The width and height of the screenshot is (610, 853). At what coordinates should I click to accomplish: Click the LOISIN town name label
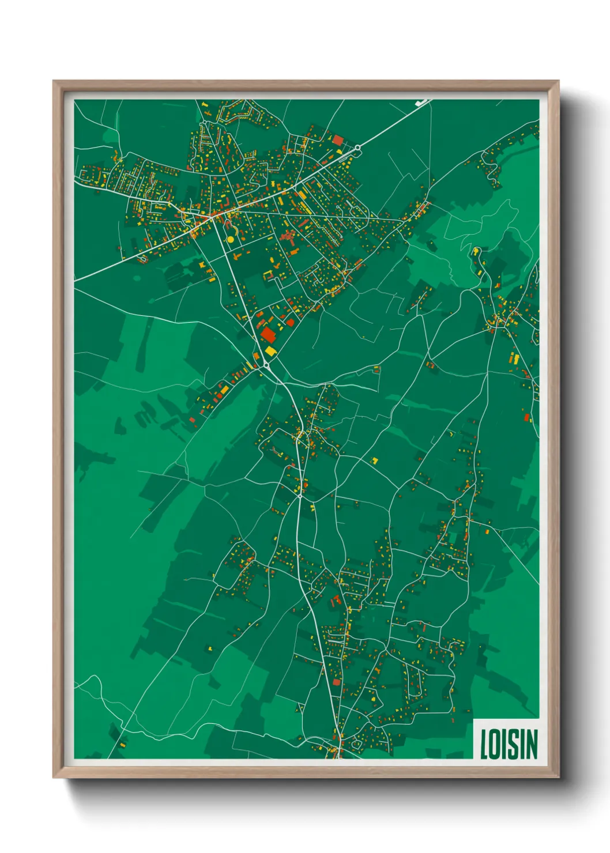508,744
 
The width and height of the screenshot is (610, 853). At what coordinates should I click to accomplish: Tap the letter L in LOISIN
484,744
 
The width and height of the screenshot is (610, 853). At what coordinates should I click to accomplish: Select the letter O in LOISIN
495,744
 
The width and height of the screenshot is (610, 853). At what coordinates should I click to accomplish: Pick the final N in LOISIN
531,744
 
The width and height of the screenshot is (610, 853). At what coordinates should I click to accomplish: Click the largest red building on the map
268,335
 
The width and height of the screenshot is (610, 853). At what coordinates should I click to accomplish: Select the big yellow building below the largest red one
270,350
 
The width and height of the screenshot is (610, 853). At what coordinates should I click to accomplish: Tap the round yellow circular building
230,239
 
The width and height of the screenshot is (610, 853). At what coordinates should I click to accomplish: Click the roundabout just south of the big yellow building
266,365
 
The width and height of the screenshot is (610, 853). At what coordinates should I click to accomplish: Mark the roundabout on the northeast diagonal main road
357,148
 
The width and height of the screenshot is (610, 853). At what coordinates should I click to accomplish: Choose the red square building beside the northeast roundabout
337,139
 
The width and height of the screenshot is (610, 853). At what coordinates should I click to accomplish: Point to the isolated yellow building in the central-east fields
374,461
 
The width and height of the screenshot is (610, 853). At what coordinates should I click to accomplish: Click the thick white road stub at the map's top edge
423,103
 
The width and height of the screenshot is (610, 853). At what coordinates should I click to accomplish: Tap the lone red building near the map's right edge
526,417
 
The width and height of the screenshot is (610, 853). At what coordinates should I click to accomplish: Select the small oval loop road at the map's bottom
356,745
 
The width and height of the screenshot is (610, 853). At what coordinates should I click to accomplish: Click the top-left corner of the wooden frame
54,81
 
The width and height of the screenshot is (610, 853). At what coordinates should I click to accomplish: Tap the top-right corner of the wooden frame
558,81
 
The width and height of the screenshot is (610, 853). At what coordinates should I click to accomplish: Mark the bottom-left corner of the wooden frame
54,777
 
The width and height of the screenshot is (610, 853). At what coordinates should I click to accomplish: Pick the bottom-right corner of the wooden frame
558,777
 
